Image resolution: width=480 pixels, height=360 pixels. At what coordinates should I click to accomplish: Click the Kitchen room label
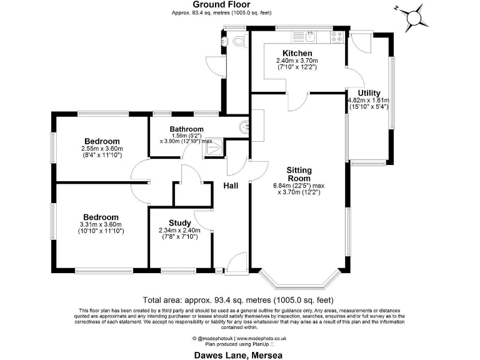(297, 53)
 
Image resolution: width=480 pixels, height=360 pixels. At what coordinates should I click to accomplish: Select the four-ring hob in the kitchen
(337, 37)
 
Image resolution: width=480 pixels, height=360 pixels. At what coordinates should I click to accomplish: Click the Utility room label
(368, 92)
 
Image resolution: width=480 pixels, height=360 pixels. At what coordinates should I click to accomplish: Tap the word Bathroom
(187, 129)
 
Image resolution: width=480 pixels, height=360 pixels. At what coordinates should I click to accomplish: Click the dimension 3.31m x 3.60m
(102, 224)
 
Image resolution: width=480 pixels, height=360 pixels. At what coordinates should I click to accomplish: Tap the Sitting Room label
(299, 174)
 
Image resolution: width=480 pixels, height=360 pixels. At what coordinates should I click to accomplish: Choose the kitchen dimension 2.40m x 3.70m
(297, 61)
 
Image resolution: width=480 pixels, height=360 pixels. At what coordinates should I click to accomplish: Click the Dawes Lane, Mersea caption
(239, 354)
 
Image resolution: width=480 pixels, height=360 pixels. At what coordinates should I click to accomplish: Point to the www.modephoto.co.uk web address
(262, 338)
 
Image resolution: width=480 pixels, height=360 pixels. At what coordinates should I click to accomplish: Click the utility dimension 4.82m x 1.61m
(368, 100)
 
